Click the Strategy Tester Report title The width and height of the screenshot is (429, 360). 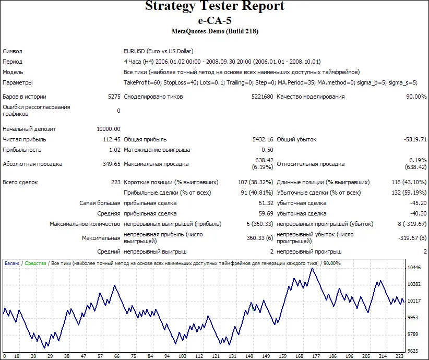[214, 6]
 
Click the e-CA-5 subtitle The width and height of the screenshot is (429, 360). [214, 20]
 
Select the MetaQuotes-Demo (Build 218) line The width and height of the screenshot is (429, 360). [214, 31]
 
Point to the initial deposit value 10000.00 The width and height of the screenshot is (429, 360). [109, 129]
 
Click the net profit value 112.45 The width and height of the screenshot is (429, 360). [112, 139]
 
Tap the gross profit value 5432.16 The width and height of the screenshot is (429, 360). [263, 139]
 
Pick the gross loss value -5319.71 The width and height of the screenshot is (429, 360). [415, 139]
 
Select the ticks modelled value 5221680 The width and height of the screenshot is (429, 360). [261, 97]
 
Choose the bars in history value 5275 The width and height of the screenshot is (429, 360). [114, 97]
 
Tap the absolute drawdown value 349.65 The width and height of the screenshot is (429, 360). [112, 164]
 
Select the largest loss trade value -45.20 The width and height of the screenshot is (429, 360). [418, 203]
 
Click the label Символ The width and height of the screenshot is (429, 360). [13, 51]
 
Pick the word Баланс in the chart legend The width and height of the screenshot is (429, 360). [13, 263]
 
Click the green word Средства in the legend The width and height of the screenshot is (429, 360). [35, 263]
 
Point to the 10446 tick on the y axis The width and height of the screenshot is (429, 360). [414, 268]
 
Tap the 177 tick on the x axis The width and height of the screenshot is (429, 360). [315, 356]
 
